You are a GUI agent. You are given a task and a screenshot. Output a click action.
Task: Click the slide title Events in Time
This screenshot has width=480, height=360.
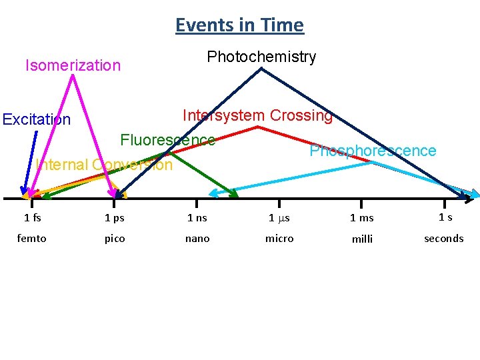[239, 25]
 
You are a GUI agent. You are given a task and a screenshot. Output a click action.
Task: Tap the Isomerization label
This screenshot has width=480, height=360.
[73, 65]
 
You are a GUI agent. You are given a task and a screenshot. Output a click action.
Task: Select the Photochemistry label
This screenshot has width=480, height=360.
[261, 57]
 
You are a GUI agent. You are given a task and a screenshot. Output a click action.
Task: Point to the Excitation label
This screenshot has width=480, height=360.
[37, 119]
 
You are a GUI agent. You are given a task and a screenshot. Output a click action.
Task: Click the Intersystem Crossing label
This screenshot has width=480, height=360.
[257, 115]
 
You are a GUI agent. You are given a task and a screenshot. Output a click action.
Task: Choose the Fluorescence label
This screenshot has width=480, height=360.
[167, 140]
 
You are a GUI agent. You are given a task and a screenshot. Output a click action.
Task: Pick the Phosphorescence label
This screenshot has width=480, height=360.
[373, 151]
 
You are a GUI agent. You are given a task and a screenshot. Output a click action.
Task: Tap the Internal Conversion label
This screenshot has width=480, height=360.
[105, 165]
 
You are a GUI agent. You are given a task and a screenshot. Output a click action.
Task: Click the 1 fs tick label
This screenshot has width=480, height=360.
[32, 218]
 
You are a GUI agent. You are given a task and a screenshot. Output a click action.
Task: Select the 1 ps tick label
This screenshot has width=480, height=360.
[115, 218]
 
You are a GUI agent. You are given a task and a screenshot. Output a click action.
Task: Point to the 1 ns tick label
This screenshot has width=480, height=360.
[197, 218]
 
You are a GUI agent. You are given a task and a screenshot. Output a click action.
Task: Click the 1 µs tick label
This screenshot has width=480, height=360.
[279, 218]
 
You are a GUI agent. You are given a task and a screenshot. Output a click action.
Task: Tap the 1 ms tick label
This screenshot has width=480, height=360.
[362, 218]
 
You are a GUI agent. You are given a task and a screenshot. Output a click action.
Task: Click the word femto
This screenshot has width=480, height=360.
[31, 238]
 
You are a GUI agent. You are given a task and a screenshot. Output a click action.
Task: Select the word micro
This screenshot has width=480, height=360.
[279, 238]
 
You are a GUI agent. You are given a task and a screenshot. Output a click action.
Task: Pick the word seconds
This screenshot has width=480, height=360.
[444, 238]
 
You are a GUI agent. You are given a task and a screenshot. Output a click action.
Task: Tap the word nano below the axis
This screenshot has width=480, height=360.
[197, 238]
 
